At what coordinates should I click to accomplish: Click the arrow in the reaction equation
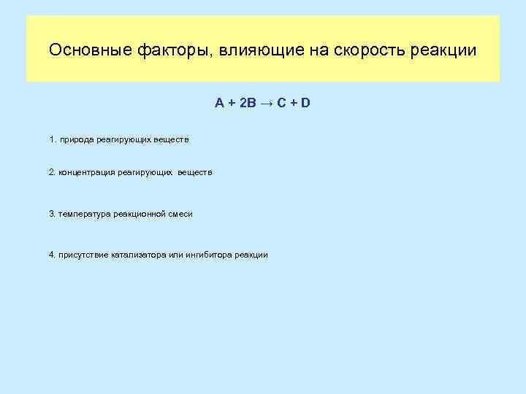pos(264,103)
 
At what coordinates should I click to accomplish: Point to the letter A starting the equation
pos(219,103)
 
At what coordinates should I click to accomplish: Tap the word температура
pos(82,214)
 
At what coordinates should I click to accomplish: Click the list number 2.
pos(51,172)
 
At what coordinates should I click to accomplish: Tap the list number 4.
pos(51,255)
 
